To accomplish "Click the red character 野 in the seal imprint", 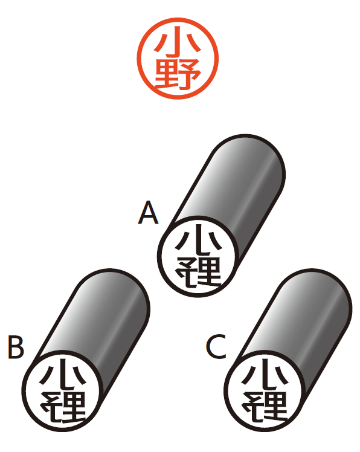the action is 178,74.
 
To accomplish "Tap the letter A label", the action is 148,213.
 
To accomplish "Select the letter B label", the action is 16,347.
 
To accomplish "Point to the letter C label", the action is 216,346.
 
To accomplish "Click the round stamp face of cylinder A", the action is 198,256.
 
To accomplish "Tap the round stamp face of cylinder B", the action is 63,391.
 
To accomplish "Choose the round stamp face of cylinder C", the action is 265,391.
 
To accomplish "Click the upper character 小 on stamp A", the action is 199,240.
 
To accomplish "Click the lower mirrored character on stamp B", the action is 63,407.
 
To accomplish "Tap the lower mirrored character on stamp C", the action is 265,407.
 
